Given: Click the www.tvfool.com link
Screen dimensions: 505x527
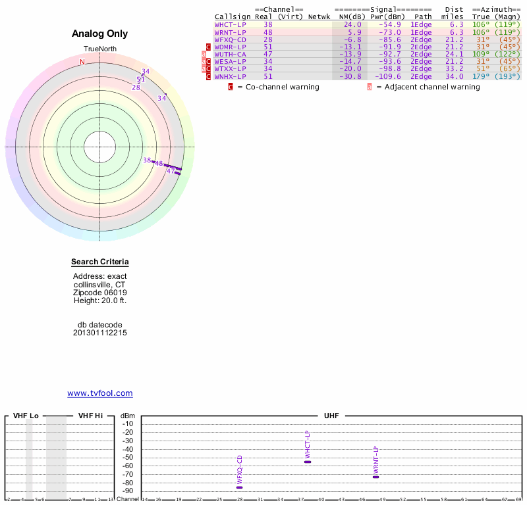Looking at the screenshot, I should pyautogui.click(x=99, y=393).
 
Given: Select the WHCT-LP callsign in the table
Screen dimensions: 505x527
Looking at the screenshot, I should pyautogui.click(x=230, y=24).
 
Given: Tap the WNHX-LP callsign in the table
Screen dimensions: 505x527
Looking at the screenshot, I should pyautogui.click(x=230, y=76).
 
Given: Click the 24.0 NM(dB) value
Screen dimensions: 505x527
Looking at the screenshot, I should pyautogui.click(x=352, y=24).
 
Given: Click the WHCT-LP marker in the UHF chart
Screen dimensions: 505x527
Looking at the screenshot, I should pyautogui.click(x=308, y=462).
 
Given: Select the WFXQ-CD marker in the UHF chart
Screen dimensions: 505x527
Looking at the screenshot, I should pyautogui.click(x=240, y=487).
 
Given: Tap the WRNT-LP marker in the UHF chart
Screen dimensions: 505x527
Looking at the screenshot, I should pyautogui.click(x=375, y=477).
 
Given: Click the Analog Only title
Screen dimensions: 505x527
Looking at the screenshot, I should pyautogui.click(x=99, y=34).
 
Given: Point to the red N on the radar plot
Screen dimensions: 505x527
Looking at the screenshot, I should pyautogui.click(x=82, y=62).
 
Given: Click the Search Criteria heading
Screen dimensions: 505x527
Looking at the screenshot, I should pyautogui.click(x=99, y=262).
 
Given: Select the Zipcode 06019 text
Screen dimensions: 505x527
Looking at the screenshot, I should pyautogui.click(x=99, y=293).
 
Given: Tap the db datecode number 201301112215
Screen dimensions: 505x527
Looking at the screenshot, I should pyautogui.click(x=99, y=333).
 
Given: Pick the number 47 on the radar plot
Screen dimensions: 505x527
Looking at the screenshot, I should pyautogui.click(x=171, y=171).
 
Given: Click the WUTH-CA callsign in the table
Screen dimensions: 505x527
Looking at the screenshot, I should pyautogui.click(x=230, y=54).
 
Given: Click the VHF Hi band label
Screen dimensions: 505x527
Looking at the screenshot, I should pyautogui.click(x=90, y=416).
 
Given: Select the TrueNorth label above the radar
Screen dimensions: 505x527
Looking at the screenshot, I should pyautogui.click(x=99, y=49).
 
